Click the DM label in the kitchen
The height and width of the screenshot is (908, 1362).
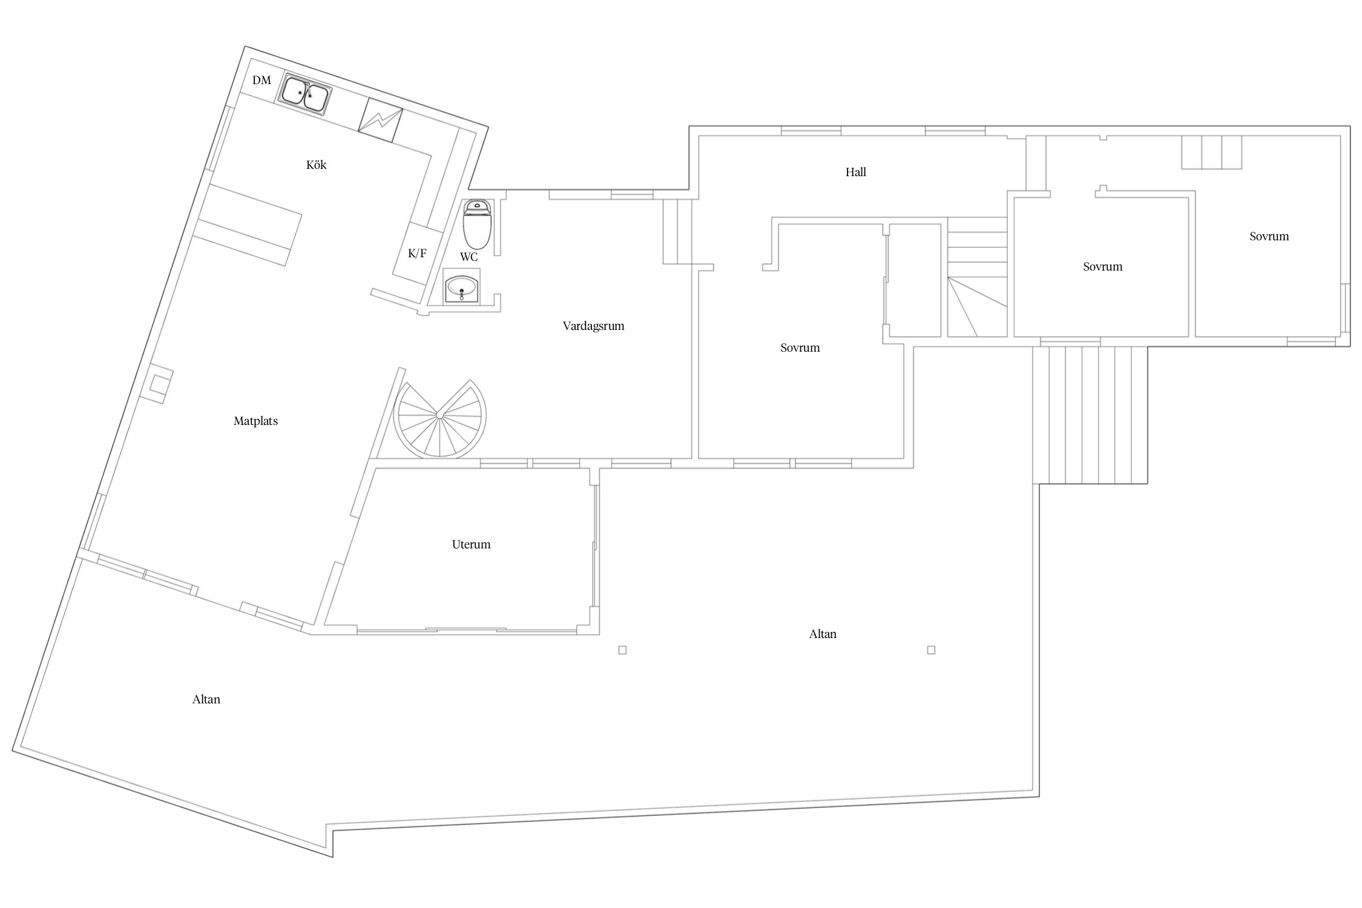tap(262, 80)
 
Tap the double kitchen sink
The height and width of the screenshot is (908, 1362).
tap(304, 95)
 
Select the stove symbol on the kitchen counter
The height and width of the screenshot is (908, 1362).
tap(380, 122)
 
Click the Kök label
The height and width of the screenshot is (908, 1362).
tap(316, 165)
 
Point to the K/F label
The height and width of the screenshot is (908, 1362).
tap(417, 253)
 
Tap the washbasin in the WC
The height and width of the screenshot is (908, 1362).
tap(462, 286)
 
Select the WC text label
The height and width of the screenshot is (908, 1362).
tap(469, 257)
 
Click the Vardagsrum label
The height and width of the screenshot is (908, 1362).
tap(593, 326)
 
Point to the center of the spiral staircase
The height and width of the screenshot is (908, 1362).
tap(438, 415)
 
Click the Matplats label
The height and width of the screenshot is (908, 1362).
tap(255, 421)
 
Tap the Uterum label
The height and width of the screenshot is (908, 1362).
tap(471, 544)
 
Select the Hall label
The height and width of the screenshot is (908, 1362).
tap(855, 172)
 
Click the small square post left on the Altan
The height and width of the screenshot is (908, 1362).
tap(622, 650)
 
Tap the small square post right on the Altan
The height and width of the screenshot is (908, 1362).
tap(931, 650)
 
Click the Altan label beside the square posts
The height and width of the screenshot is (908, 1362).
tap(823, 634)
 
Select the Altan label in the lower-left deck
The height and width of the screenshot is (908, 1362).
tap(206, 699)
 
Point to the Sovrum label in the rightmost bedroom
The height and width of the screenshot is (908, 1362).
tap(1269, 237)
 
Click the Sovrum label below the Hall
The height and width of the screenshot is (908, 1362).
tap(800, 348)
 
